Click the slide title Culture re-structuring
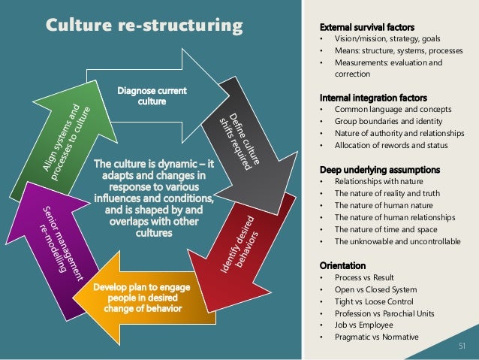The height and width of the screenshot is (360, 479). (145, 26)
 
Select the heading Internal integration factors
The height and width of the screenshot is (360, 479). (373, 98)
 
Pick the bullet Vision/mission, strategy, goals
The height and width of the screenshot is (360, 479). (388, 39)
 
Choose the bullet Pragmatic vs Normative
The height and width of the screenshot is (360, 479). (376, 337)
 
